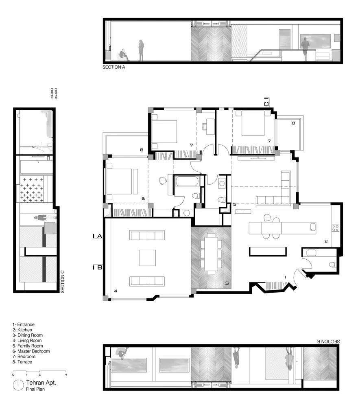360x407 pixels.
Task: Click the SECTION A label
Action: coord(114,68)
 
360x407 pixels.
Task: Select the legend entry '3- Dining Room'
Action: coord(27,335)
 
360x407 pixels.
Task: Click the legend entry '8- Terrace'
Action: coord(22,362)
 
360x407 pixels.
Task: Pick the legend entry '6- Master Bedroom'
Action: coord(31,351)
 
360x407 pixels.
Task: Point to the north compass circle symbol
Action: coord(18,385)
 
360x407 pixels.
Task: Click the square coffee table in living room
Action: coord(147,258)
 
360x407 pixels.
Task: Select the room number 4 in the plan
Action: coord(116,291)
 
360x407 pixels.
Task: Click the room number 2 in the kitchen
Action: coord(326,241)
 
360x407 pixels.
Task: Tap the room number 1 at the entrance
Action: coord(285,277)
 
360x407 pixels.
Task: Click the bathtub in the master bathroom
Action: coord(187,180)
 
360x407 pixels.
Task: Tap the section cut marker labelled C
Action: coord(266,102)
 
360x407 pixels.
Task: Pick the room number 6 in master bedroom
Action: coord(143,199)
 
